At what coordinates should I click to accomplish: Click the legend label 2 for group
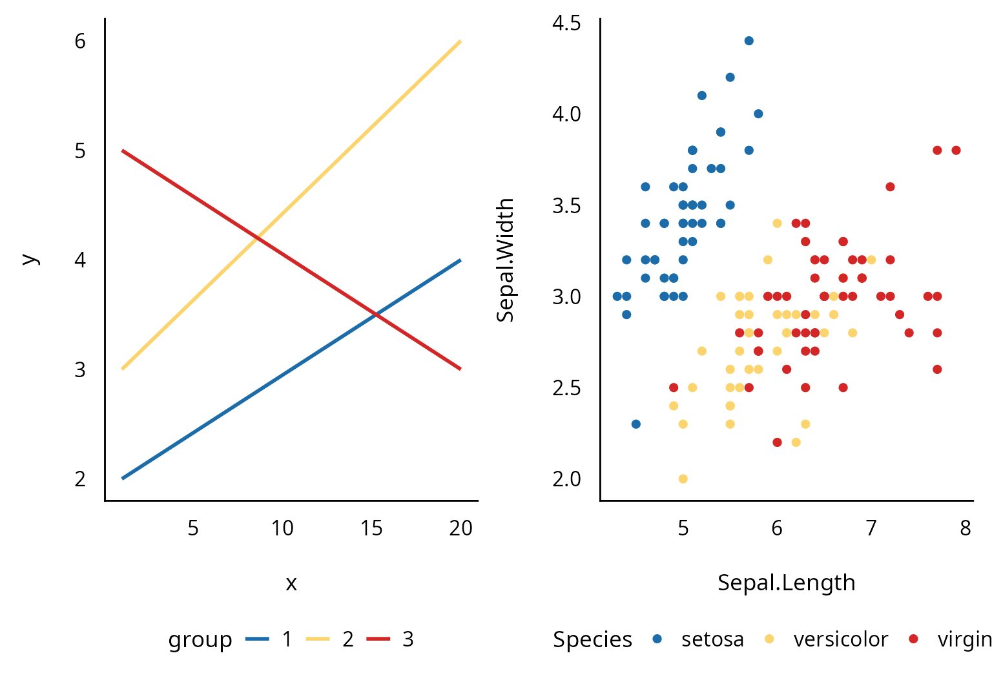tap(347, 639)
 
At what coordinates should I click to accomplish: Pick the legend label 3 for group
tap(408, 639)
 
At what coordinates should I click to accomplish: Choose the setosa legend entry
tap(712, 639)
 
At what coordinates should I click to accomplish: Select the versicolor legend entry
tap(840, 639)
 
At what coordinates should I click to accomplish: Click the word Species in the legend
tap(592, 639)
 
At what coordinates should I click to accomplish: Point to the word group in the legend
tap(200, 640)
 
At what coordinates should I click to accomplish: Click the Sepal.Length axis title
tap(786, 583)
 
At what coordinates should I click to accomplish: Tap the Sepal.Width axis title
tap(505, 260)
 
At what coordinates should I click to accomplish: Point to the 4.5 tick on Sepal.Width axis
tap(566, 23)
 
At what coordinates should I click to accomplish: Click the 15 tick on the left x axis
tap(371, 528)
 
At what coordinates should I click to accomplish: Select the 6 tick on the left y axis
tap(80, 41)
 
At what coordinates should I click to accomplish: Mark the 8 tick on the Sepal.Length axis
tap(965, 528)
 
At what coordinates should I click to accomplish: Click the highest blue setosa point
tap(749, 41)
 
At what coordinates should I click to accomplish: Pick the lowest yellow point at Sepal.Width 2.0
tap(683, 479)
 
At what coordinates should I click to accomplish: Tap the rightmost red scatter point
tap(956, 150)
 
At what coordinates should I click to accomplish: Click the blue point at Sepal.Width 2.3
tap(635, 424)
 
